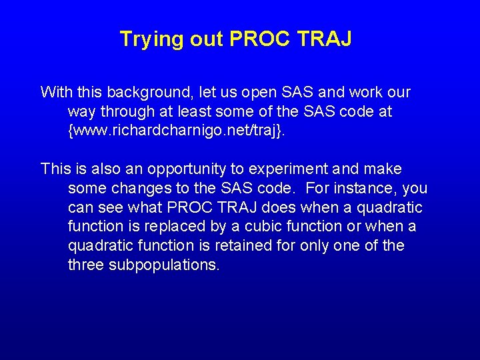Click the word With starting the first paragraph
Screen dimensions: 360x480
pos(55,92)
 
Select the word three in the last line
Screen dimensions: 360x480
pos(87,265)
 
